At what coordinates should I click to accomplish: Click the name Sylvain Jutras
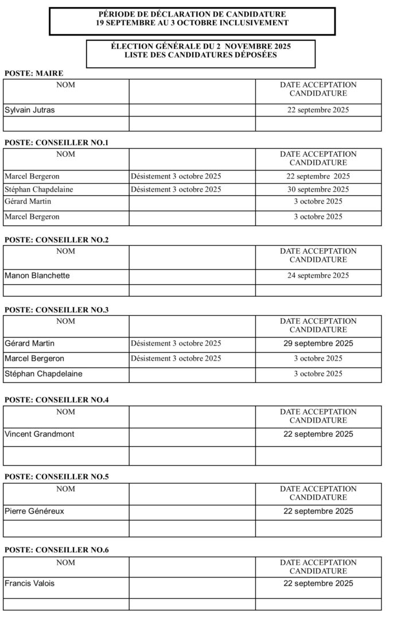(30, 110)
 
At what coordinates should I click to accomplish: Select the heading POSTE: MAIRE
(34, 73)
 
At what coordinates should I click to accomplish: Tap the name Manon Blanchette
(37, 276)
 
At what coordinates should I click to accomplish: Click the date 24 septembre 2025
(318, 276)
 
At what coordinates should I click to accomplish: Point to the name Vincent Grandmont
(40, 434)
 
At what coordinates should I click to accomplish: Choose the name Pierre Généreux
(34, 511)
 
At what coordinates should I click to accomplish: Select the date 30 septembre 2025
(318, 189)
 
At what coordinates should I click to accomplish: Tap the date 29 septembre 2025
(318, 344)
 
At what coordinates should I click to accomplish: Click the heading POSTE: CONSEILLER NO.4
(57, 400)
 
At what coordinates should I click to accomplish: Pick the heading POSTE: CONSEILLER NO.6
(57, 550)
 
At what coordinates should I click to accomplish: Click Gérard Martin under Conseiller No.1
(28, 201)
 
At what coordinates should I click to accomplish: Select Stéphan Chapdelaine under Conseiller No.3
(43, 374)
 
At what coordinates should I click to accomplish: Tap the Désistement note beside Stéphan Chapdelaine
(176, 189)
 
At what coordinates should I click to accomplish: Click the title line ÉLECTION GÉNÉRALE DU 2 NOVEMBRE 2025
(201, 46)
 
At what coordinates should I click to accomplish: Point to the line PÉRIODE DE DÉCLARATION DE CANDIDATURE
(192, 14)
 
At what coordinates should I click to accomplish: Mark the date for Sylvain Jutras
(318, 110)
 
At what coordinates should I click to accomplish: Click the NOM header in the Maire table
(66, 85)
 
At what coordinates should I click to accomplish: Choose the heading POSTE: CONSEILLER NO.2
(57, 240)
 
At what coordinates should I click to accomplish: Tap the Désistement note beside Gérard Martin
(176, 344)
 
